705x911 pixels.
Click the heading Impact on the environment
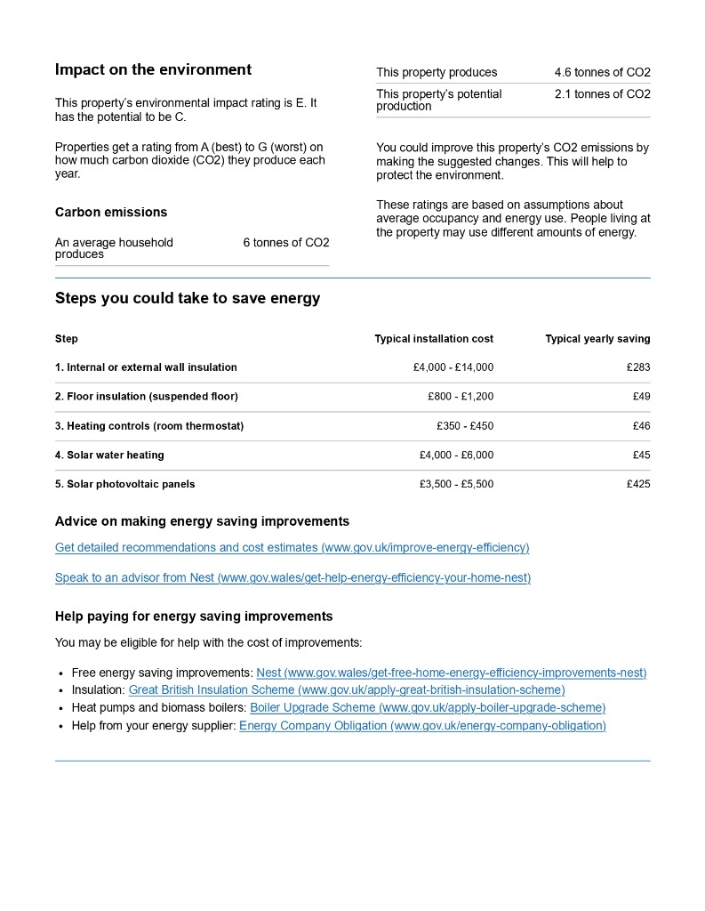(x=153, y=70)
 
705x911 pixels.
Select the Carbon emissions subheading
(x=111, y=213)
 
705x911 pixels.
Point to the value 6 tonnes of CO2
(x=285, y=243)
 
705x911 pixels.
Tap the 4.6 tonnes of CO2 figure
(x=602, y=73)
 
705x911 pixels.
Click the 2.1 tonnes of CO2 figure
(x=602, y=94)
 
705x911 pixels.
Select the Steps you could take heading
(x=188, y=299)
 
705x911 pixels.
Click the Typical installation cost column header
(x=434, y=339)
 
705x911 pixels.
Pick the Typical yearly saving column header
(x=597, y=339)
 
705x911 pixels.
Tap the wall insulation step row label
(x=146, y=367)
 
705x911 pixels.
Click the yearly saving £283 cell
(x=637, y=367)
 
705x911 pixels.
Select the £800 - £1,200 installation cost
(x=460, y=397)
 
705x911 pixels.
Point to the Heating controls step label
(x=149, y=426)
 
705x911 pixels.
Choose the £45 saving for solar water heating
(x=640, y=455)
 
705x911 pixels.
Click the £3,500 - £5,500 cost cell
(x=456, y=485)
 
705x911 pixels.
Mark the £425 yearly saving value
(x=637, y=485)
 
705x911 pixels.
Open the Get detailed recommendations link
(x=292, y=548)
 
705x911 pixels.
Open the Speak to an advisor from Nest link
(x=292, y=578)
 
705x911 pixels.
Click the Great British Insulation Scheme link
(x=347, y=690)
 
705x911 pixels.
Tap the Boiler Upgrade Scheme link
(x=428, y=708)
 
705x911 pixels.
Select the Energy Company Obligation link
(x=422, y=726)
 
